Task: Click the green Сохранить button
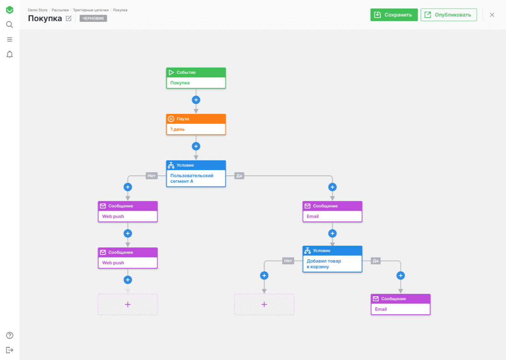pos(394,15)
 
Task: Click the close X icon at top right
pos(492,15)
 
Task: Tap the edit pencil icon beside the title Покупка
pos(69,18)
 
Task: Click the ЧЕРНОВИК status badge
pos(93,18)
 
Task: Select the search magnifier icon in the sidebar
pos(10,25)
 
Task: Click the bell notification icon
pos(10,54)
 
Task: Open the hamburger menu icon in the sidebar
pos(10,39)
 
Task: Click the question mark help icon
pos(10,335)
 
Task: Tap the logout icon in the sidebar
pos(10,350)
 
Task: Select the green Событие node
pos(196,78)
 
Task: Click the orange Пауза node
pos(196,124)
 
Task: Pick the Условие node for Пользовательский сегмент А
pos(196,174)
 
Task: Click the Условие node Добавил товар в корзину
pos(332,259)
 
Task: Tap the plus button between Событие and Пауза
pos(196,100)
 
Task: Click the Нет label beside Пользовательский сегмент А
pos(152,176)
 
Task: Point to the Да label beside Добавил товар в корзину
pos(376,261)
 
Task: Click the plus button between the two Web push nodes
pos(128,234)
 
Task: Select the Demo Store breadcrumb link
pos(38,10)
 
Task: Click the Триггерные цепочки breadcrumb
pos(91,10)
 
